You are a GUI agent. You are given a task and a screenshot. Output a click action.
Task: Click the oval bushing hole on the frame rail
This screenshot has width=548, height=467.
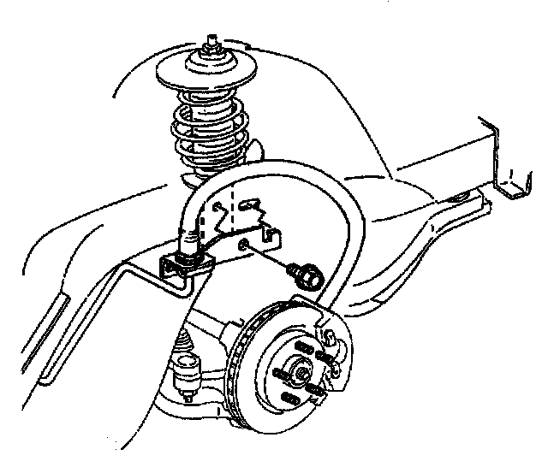[461, 199]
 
